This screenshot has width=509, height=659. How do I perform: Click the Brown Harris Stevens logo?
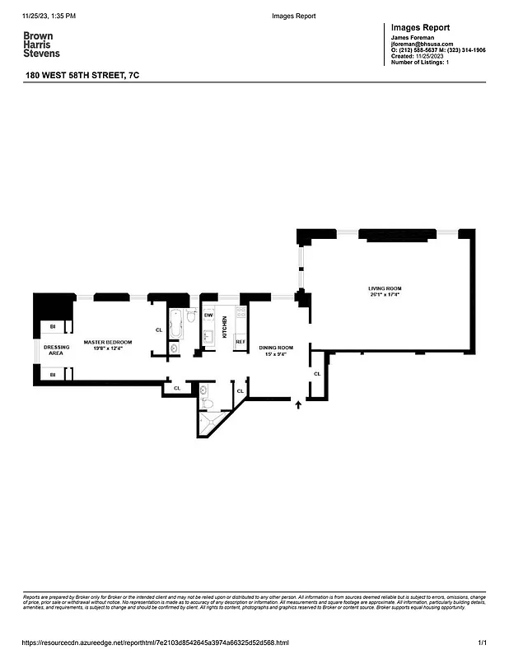(41, 44)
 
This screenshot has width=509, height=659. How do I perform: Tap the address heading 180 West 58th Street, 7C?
(82, 75)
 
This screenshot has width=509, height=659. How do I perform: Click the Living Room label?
(384, 291)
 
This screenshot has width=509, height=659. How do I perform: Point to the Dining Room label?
(276, 348)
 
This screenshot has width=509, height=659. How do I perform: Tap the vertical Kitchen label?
(224, 328)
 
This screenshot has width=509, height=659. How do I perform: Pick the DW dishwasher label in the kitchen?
(208, 315)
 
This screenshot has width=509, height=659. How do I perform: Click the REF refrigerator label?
(240, 341)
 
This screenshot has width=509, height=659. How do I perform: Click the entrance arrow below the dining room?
(298, 404)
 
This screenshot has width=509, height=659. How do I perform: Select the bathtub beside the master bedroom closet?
(175, 323)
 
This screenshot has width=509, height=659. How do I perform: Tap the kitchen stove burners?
(241, 312)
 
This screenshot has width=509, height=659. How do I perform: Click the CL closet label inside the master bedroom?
(159, 330)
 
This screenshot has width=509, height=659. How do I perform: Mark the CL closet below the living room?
(317, 374)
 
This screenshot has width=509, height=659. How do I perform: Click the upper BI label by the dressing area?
(52, 327)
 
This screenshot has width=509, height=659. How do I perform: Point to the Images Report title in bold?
(420, 27)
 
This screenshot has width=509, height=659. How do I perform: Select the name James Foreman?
(412, 38)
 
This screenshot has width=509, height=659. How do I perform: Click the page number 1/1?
(483, 643)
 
